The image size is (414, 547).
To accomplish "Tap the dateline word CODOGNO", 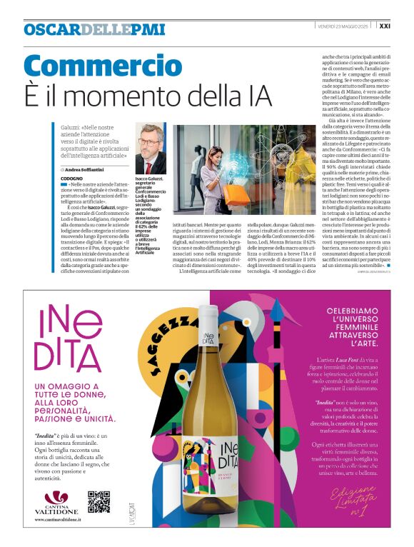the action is [x=71, y=177].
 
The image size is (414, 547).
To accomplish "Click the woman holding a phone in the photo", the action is [x=211, y=168].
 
